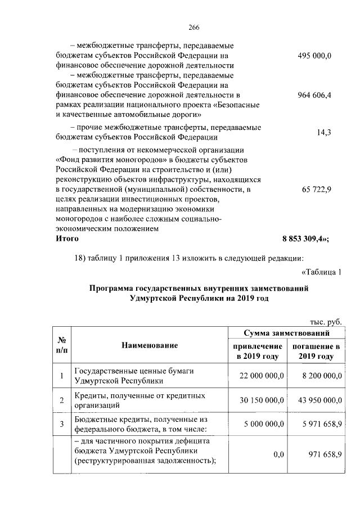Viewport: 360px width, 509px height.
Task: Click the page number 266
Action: [x=179, y=26]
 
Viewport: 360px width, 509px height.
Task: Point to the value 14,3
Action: [x=323, y=132]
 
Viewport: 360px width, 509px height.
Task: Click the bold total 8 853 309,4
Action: [x=305, y=238]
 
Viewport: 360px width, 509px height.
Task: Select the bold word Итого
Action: [x=67, y=238]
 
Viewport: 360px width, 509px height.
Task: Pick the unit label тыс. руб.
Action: [x=326, y=321]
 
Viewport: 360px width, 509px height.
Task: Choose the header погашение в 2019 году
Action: [x=316, y=352]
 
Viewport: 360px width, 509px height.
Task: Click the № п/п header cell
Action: [x=61, y=345]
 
